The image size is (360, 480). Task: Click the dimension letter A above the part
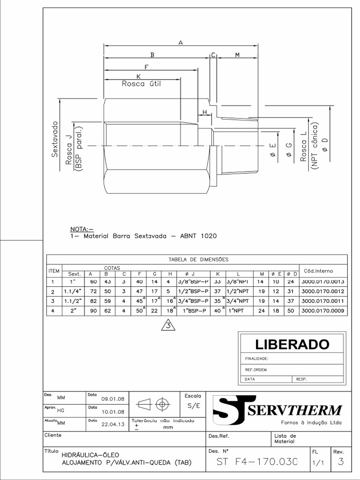(181, 43)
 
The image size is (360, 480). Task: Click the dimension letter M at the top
(237, 55)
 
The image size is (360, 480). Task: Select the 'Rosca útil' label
(141, 84)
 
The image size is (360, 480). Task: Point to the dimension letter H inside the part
(204, 112)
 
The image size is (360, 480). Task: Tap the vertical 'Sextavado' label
(55, 139)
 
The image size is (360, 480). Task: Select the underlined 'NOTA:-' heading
(82, 229)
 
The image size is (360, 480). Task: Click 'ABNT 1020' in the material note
(199, 236)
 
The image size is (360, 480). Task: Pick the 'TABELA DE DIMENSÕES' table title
(198, 259)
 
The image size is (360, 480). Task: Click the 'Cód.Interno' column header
(318, 270)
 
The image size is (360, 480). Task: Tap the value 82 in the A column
(92, 301)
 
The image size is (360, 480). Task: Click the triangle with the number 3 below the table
(168, 325)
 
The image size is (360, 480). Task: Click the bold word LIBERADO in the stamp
(292, 344)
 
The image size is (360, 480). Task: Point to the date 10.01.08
(112, 412)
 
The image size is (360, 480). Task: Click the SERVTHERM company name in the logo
(294, 411)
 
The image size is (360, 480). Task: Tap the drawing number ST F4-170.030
(257, 462)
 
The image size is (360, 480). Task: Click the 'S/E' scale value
(194, 405)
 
